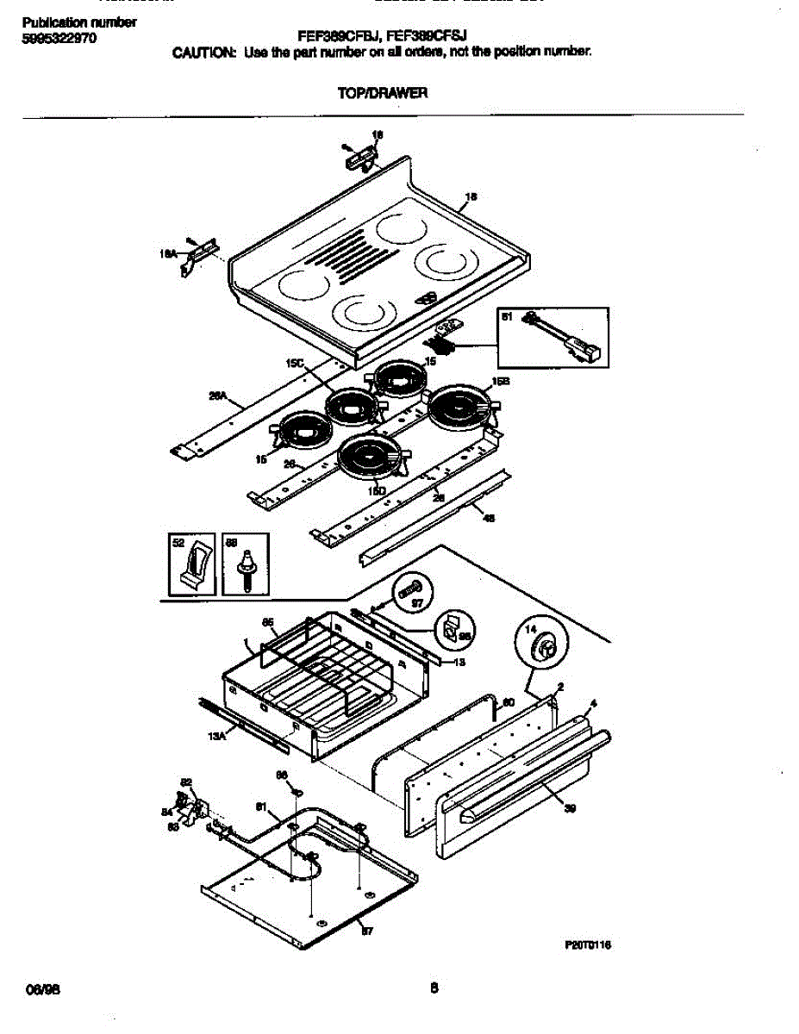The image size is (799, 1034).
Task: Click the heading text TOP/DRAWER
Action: point(382,92)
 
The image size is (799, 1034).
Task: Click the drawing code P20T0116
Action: point(588,944)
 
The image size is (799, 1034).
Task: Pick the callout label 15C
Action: point(295,364)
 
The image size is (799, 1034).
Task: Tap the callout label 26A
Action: point(217,397)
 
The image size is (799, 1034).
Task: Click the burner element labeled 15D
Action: point(370,456)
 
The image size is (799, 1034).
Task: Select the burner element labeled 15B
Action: point(460,404)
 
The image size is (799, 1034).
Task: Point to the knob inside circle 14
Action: point(543,647)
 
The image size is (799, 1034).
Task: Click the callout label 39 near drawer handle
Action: point(570,808)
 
